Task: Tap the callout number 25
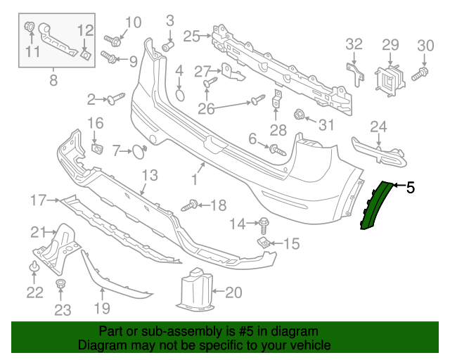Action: tap(192, 34)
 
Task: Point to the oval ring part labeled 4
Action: tap(179, 95)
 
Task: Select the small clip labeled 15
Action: tap(263, 243)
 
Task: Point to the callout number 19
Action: tap(102, 307)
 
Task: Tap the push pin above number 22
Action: tap(34, 267)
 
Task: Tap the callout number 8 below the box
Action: tap(53, 80)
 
